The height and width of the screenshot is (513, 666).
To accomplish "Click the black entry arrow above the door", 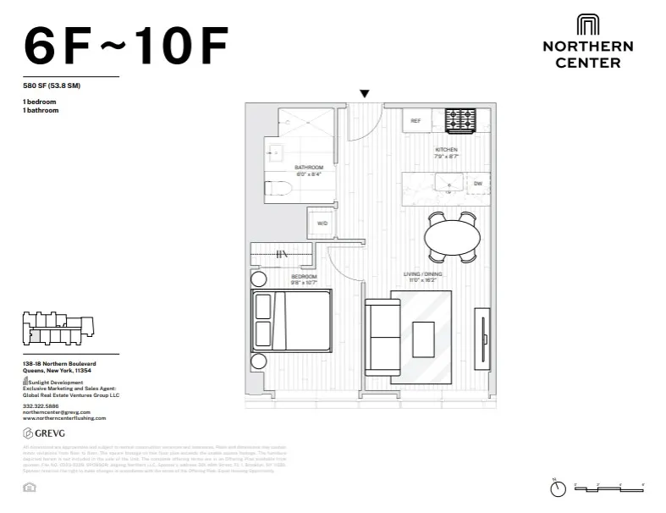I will (365, 94).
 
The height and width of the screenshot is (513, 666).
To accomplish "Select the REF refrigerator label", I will (416, 121).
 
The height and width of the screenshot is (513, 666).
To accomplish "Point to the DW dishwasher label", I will (478, 183).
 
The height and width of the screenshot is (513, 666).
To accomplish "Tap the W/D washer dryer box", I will (322, 223).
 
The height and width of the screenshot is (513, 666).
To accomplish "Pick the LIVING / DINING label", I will (423, 273).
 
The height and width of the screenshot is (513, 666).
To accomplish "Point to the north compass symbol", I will (557, 488).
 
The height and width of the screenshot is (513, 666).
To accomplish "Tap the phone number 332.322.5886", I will (41, 405).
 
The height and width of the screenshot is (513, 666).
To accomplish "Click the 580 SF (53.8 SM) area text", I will (51, 85).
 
